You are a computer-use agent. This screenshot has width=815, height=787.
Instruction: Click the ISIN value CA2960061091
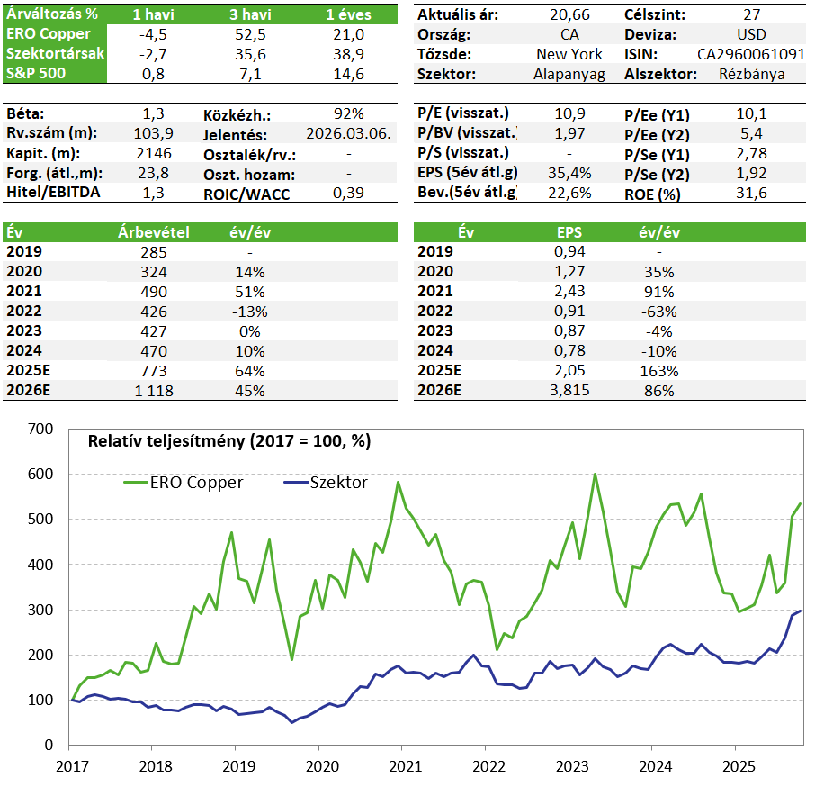(x=751, y=54)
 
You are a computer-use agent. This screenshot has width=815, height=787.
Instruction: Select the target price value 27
(x=752, y=14)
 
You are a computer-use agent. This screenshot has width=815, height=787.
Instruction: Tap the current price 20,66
(x=569, y=14)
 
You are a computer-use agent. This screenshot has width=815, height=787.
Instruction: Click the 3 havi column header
(x=250, y=14)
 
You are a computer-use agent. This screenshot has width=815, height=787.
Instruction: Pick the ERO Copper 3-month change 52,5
(x=250, y=34)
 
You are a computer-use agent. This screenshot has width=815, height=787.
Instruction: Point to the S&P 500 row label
(x=36, y=73)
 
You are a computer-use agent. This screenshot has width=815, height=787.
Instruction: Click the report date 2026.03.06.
(x=348, y=133)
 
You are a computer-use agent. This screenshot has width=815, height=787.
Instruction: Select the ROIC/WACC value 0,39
(x=348, y=193)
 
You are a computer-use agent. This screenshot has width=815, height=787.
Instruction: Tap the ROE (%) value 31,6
(x=752, y=193)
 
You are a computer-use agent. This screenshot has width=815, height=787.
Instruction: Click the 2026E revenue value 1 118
(x=154, y=391)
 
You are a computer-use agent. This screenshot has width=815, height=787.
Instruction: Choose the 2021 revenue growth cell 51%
(x=250, y=292)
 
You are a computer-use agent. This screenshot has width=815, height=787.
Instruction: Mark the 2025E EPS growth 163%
(x=659, y=371)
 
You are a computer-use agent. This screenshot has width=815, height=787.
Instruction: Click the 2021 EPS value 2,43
(x=569, y=291)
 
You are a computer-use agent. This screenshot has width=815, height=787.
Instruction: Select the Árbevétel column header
(x=154, y=232)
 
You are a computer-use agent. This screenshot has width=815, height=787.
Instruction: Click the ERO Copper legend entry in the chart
(x=184, y=482)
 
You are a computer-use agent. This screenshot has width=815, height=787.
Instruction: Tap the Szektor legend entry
(x=326, y=482)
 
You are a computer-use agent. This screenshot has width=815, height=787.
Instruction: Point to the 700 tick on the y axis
(x=40, y=430)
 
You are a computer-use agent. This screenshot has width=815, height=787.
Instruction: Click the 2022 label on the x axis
(x=488, y=766)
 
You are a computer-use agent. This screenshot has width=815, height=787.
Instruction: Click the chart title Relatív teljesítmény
(x=229, y=441)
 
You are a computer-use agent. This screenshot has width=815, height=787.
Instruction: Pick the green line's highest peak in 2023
(x=596, y=474)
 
